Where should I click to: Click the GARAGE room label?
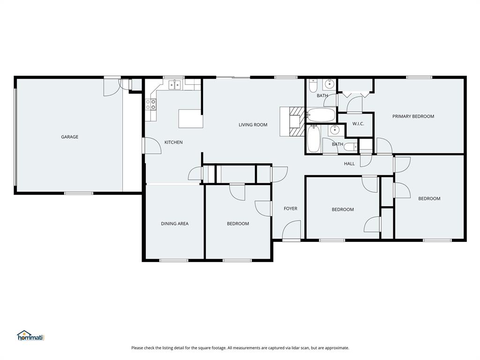coord(69,137)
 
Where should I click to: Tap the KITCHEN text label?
coord(173,142)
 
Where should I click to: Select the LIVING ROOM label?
coord(253,125)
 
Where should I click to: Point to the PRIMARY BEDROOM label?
coord(413,116)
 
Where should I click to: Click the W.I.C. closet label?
coord(359,124)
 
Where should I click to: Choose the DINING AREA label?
coord(175,224)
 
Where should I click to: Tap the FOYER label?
coord(291,209)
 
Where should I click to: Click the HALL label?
coord(349,164)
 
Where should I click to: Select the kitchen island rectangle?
coord(191,119)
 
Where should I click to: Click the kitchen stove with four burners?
coord(150,104)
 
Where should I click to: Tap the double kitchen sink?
coord(175,84)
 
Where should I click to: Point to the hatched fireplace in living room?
coord(295,121)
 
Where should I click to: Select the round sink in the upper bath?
coord(330,84)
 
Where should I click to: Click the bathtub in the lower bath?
coord(314,139)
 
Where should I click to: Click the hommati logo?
coord(30,336)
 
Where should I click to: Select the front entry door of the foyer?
coord(292,231)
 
